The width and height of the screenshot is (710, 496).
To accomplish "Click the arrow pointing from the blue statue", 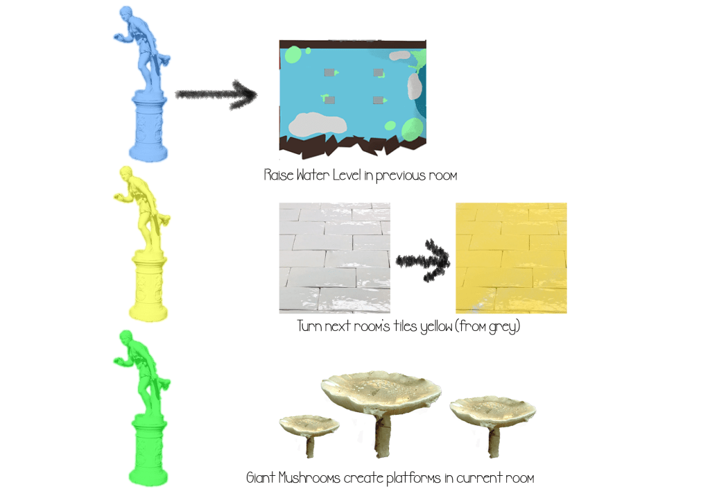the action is click(216, 94).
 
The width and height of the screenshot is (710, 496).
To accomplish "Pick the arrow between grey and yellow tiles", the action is click(423, 260).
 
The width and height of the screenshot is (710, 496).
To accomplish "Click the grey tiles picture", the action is click(335, 258).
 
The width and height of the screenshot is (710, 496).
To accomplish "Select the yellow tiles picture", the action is click(511, 258).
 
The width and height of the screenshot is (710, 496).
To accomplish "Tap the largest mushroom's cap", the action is click(381, 391).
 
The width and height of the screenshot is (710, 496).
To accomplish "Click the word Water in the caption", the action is click(313, 175).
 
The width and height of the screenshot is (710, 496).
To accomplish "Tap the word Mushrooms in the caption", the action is click(309, 478).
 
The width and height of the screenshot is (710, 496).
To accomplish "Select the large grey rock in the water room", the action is click(318, 123).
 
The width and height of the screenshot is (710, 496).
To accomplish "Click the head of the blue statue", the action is click(126, 12).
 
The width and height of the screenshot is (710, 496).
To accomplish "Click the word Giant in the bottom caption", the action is click(261, 477).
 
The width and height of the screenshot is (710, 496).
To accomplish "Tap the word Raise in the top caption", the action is click(279, 175).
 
